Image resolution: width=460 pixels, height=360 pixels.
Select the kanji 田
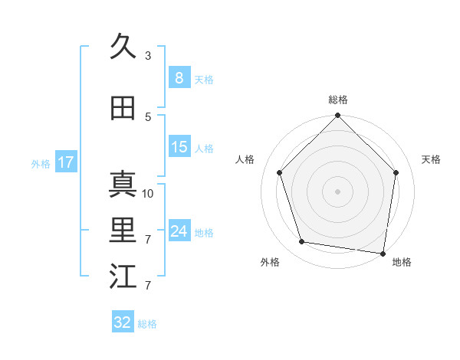tap(123, 108)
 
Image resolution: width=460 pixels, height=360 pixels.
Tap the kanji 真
tap(123, 185)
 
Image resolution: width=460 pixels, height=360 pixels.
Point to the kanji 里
tap(123, 231)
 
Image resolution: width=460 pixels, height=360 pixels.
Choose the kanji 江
tap(123, 277)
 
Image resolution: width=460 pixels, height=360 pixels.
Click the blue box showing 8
tap(179, 77)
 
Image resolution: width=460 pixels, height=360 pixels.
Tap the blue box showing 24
tap(179, 231)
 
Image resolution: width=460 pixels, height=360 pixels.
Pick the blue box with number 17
tap(65, 162)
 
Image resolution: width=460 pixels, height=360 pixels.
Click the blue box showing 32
tap(123, 322)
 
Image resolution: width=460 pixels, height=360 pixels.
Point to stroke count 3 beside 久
tap(148, 55)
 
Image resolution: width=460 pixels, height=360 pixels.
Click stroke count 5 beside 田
tap(148, 116)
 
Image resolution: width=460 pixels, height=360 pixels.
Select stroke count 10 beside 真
tap(148, 193)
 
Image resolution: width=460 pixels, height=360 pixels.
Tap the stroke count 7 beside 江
tap(148, 286)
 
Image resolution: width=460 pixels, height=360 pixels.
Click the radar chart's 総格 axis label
tap(337, 100)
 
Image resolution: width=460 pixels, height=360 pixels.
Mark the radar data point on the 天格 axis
tap(396, 172)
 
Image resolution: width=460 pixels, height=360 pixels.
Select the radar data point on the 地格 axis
tap(383, 253)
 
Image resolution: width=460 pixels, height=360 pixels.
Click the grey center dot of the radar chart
tap(337, 191)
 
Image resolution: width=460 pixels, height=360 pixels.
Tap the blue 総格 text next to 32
tap(147, 324)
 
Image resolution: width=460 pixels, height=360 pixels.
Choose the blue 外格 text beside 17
tap(40, 163)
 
